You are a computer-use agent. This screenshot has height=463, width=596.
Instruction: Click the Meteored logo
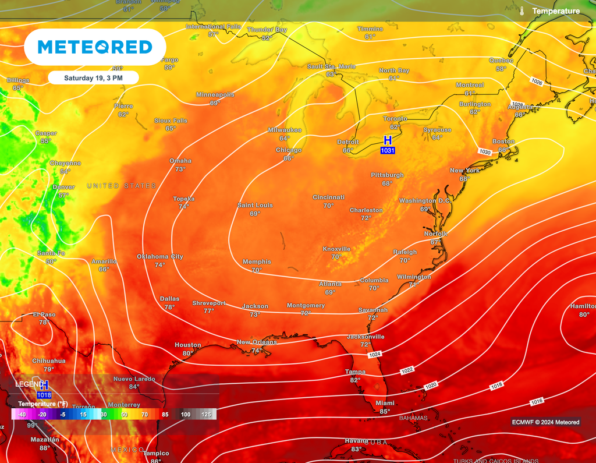(95, 47)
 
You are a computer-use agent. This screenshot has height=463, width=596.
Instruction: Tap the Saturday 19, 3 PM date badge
(93, 77)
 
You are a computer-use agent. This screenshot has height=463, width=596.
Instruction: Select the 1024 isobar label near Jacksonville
(375, 354)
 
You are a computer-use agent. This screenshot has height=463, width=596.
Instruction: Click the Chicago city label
(289, 150)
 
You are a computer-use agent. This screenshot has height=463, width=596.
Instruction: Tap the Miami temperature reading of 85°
(385, 411)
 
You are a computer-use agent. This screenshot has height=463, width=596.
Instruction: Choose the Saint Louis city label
(255, 205)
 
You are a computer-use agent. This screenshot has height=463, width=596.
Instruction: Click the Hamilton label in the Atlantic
(583, 306)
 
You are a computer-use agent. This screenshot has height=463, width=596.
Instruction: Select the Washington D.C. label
(425, 201)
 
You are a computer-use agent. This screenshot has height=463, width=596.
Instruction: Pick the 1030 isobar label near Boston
(485, 151)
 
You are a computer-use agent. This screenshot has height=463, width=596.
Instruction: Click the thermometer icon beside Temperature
(522, 11)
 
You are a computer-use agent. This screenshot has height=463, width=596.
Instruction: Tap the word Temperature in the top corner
(556, 11)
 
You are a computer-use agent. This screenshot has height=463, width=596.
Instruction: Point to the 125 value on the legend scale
(206, 414)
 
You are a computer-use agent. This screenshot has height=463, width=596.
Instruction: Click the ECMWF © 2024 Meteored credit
(545, 422)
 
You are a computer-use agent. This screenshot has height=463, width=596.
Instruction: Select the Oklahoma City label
(160, 256)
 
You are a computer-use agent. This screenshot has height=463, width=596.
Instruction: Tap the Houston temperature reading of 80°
(188, 353)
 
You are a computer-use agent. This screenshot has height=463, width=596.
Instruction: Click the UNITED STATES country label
(122, 186)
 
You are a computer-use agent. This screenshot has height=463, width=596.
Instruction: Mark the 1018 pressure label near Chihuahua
(44, 395)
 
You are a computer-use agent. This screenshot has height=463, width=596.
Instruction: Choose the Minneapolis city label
(215, 94)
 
